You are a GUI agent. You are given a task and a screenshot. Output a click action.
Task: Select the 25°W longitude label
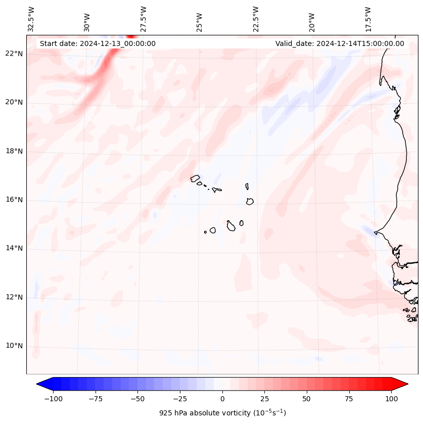200,19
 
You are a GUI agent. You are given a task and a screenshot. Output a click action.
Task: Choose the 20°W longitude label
312,19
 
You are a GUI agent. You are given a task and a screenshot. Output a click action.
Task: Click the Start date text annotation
98,43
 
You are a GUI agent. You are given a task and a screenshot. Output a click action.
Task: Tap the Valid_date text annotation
340,43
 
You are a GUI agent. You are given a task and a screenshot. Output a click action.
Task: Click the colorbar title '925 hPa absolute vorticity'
222,413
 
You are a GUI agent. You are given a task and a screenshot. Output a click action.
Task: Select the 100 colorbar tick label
391,399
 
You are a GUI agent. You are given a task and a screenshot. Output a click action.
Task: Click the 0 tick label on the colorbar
222,399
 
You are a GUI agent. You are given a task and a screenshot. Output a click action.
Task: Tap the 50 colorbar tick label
307,399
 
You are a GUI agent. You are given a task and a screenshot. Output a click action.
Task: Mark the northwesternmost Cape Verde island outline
195,178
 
